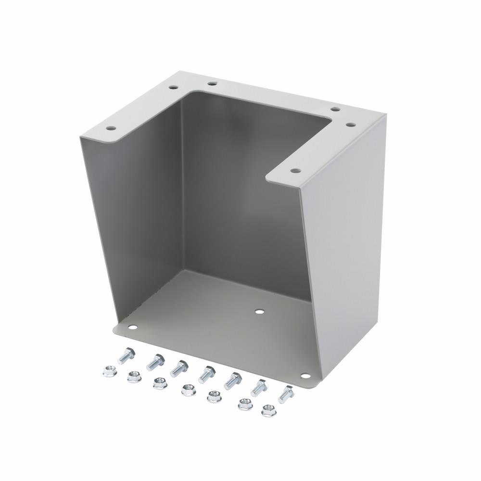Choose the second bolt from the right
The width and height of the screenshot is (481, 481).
pyautogui.click(x=259, y=387)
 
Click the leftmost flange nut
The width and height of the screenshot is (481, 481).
pyautogui.click(x=109, y=371)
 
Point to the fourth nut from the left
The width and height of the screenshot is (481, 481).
pyautogui.click(x=188, y=390)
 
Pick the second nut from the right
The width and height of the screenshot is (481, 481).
pyautogui.click(x=245, y=405)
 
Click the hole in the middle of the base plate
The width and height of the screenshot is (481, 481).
pyautogui.click(x=260, y=312)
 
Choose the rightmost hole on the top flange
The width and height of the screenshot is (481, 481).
pyautogui.click(x=351, y=125)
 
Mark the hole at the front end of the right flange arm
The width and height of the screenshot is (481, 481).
pyautogui.click(x=294, y=170)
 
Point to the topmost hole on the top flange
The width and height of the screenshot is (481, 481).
pyautogui.click(x=212, y=84)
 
